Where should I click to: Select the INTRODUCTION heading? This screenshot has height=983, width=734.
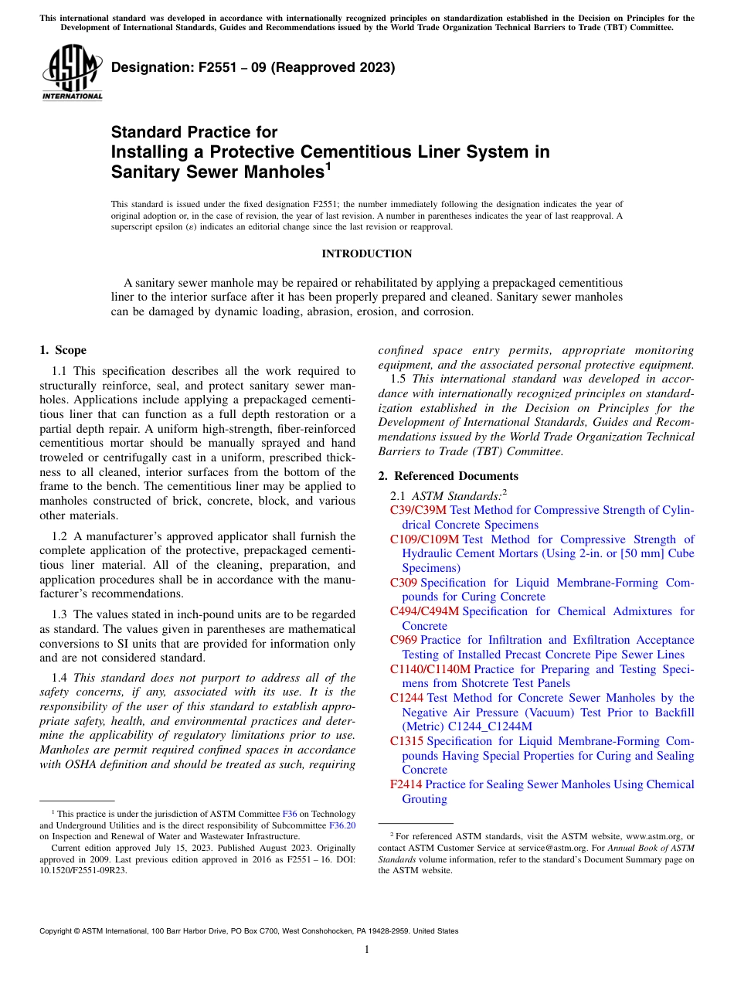click(x=366, y=253)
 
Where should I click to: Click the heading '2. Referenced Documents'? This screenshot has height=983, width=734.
click(x=448, y=476)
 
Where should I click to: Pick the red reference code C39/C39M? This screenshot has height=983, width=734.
click(x=418, y=510)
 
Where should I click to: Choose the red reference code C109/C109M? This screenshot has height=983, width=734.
click(x=424, y=539)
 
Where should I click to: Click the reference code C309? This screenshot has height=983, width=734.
click(x=403, y=583)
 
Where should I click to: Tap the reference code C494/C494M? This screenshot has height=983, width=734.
click(x=424, y=611)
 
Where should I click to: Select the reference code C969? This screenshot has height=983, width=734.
click(x=403, y=640)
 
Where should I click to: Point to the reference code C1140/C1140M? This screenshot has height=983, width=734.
click(x=430, y=669)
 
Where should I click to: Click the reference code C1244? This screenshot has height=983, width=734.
click(x=406, y=698)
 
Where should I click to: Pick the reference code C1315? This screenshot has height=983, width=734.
click(x=406, y=741)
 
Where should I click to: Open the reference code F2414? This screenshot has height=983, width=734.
click(x=406, y=784)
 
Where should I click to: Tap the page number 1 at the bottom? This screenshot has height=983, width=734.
click(x=367, y=949)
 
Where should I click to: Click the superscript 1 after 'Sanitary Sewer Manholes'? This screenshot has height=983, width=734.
click(x=328, y=165)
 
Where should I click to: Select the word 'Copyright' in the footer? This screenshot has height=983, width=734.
click(x=59, y=931)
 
